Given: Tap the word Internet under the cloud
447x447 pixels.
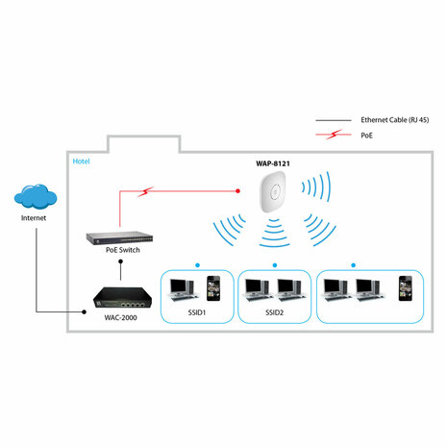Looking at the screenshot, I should coord(34,218).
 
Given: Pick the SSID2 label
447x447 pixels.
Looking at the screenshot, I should coord(275,313).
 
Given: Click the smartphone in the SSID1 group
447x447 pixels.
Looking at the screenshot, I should coord(214,286).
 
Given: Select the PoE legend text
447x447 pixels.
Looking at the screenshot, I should coord(367,137).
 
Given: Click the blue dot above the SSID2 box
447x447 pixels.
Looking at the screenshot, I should coord(274,263).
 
